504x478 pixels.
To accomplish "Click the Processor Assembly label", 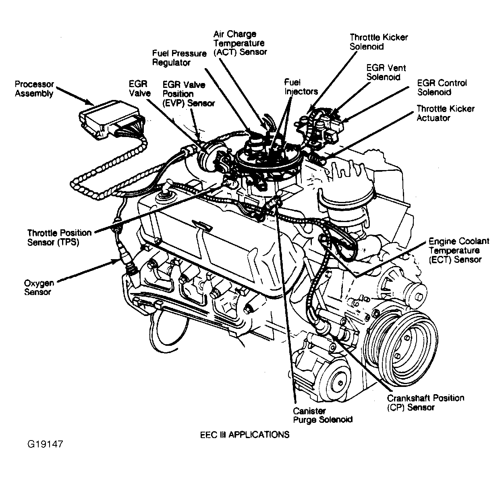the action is pyautogui.click(x=34, y=89).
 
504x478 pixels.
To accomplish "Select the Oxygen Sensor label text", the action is pyautogui.click(x=39, y=287).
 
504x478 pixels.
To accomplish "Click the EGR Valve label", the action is pyautogui.click(x=139, y=89).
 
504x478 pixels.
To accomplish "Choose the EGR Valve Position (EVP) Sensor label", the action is pyautogui.click(x=189, y=94).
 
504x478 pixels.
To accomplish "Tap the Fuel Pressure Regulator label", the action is pyautogui.click(x=179, y=58).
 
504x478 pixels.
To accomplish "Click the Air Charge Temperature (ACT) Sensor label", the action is pyautogui.click(x=240, y=43).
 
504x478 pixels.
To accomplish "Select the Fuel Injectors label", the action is pyautogui.click(x=301, y=87).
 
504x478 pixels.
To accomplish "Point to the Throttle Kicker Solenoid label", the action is pyautogui.click(x=378, y=42).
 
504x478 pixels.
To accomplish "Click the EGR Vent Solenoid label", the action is pyautogui.click(x=386, y=72).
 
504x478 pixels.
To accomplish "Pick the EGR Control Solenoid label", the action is pyautogui.click(x=442, y=87).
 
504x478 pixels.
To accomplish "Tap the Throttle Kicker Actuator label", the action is pyautogui.click(x=445, y=113).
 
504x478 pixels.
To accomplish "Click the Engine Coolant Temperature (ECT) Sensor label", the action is pyautogui.click(x=458, y=250).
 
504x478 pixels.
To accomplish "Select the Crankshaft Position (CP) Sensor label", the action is pyautogui.click(x=425, y=402).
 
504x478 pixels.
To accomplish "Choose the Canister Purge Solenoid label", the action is pyautogui.click(x=322, y=415).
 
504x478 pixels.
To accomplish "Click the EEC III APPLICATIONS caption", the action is pyautogui.click(x=245, y=434).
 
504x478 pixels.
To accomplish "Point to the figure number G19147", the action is pyautogui.click(x=45, y=444).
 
